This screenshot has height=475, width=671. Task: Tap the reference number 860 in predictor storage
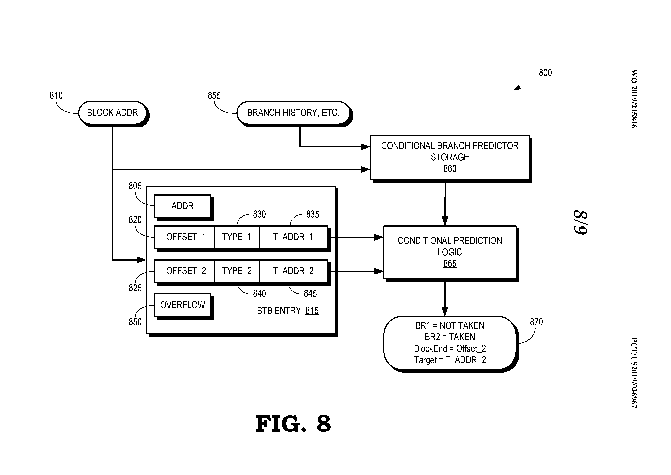pyautogui.click(x=450, y=169)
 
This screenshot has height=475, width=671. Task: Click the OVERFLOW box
pyautogui.click(x=182, y=305)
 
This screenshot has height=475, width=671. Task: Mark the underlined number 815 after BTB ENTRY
pyautogui.click(x=312, y=311)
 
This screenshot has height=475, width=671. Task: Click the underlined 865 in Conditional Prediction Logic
pyautogui.click(x=450, y=264)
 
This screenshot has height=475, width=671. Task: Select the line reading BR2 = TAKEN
pyautogui.click(x=450, y=337)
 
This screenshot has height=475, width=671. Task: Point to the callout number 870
pyautogui.click(x=536, y=322)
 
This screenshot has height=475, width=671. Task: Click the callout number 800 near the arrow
pyautogui.click(x=545, y=73)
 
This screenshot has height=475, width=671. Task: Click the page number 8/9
pyautogui.click(x=580, y=222)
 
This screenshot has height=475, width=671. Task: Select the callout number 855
pyautogui.click(x=214, y=96)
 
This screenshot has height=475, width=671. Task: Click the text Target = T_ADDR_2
pyautogui.click(x=450, y=360)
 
